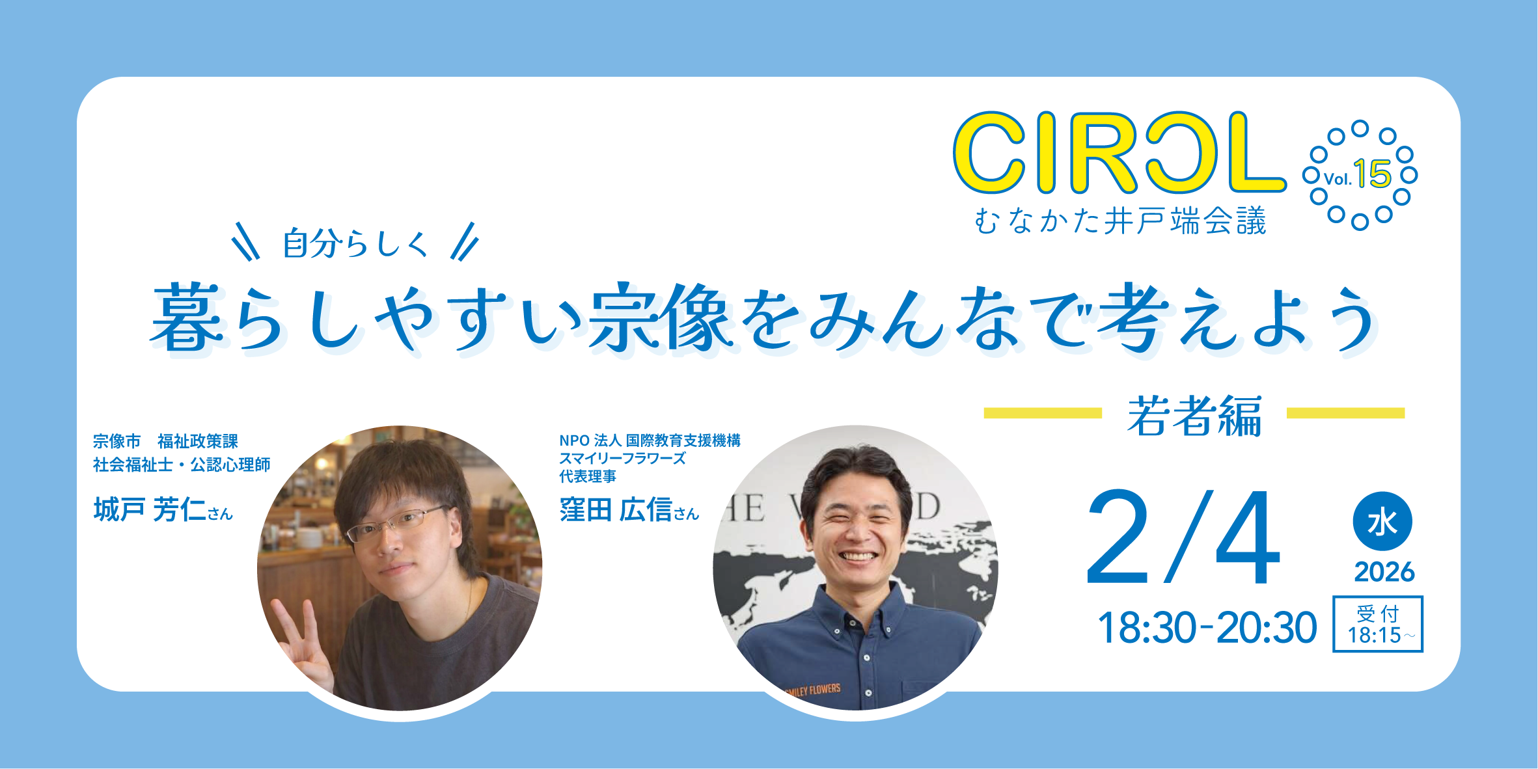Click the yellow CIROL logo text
[x=1119, y=153]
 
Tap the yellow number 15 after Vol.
[x=1372, y=174]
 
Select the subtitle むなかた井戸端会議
[x=1120, y=221]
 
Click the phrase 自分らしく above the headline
[x=355, y=244]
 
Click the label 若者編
[x=1194, y=416]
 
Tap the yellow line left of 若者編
[x=1043, y=413]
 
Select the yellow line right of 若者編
[x=1346, y=413]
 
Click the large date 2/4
[x=1183, y=538]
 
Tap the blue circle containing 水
[x=1382, y=521]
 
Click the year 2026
[x=1384, y=572]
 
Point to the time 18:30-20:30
[x=1207, y=628]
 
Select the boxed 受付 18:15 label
[x=1378, y=624]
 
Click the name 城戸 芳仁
[x=150, y=509]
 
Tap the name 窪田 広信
[x=616, y=509]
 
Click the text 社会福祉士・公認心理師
[x=182, y=465]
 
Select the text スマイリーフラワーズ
[x=623, y=459]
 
